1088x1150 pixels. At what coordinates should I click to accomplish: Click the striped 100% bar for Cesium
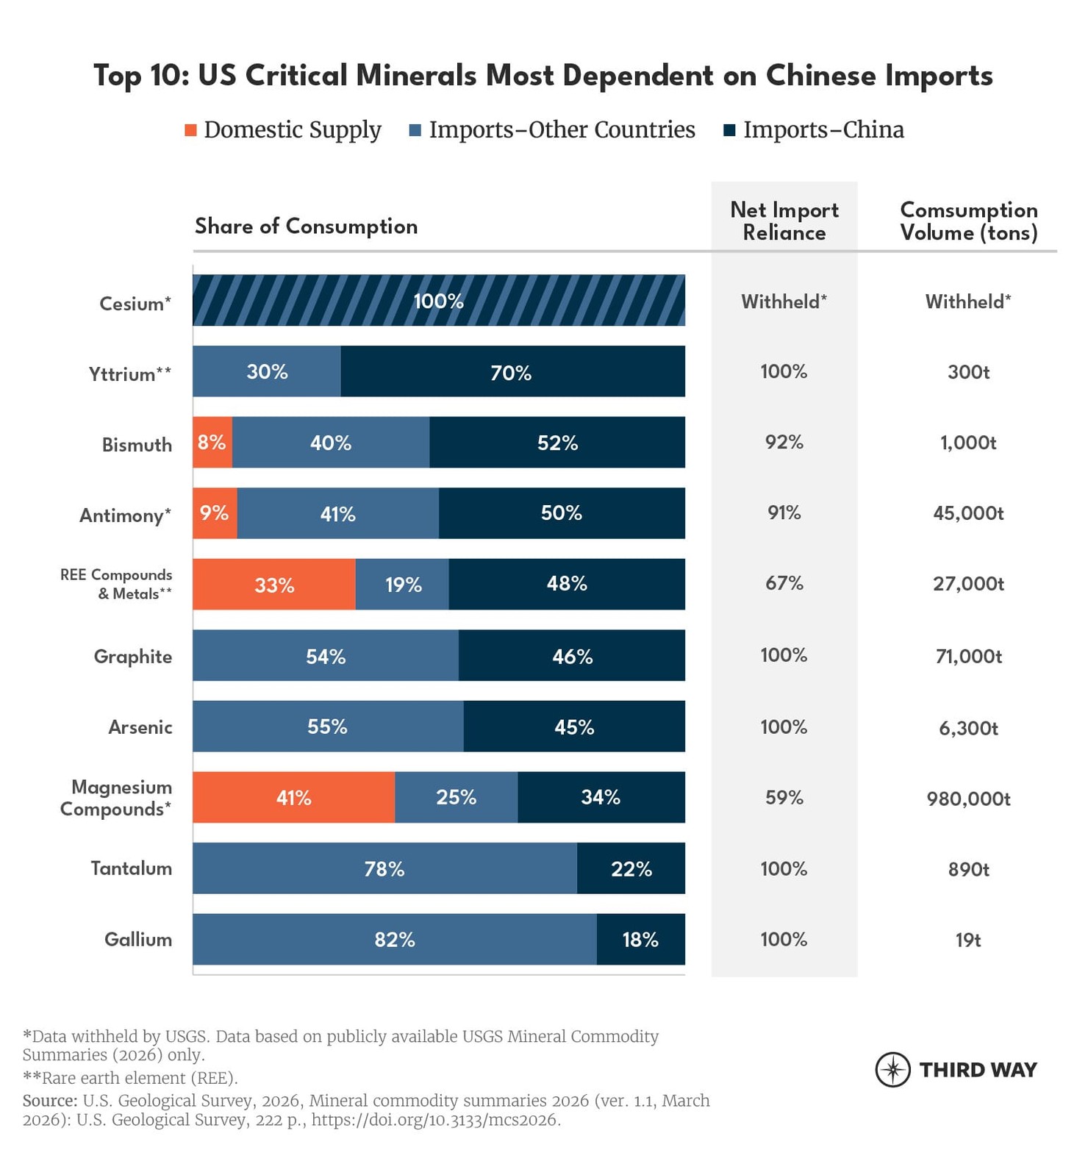438,300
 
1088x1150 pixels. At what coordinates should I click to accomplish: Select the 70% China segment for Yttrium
512,371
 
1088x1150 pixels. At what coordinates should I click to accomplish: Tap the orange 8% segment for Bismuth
212,442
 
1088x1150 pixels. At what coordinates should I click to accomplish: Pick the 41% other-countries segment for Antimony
337,513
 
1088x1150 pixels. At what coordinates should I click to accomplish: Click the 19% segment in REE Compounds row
402,584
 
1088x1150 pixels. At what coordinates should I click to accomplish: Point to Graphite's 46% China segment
572,655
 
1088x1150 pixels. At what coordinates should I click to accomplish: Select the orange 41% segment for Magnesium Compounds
293,797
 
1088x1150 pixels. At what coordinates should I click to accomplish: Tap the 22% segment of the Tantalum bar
631,868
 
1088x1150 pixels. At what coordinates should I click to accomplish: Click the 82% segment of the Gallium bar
395,939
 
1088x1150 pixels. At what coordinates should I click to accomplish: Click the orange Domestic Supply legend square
190,130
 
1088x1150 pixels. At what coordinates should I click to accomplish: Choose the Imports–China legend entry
823,129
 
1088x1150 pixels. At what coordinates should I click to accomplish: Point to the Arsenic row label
140,727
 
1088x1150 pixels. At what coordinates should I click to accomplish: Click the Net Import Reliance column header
784,221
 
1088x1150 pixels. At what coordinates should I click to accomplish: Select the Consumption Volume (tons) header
968,221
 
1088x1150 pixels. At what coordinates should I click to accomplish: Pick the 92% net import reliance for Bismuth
784,442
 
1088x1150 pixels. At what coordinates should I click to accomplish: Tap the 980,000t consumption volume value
968,799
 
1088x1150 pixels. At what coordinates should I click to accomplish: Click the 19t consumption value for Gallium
967,940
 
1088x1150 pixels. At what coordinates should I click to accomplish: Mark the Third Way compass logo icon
892,1069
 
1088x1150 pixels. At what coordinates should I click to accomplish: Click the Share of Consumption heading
306,226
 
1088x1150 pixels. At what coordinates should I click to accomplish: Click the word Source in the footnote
49,1101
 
